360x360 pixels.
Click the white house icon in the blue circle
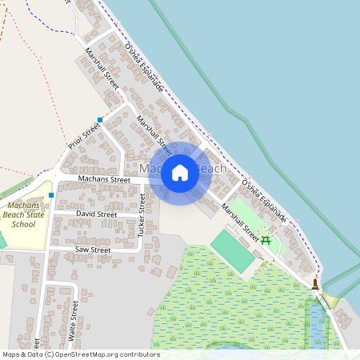180,173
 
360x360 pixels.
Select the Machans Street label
104,180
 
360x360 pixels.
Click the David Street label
96,214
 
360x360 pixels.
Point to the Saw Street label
92,250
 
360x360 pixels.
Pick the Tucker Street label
142,215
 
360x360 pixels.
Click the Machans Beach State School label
25,214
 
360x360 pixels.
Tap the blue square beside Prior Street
100,120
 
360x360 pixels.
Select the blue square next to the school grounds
50,194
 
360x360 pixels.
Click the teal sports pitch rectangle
232,250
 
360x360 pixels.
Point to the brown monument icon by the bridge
316,283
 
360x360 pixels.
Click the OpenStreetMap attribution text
80,354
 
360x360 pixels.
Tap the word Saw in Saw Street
82,250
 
